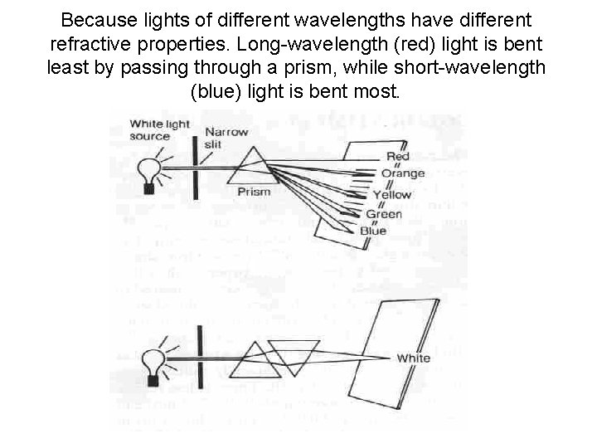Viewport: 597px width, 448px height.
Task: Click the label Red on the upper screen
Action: pos(397,157)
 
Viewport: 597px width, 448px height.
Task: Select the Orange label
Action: pos(403,173)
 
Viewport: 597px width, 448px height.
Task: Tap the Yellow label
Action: pos(391,195)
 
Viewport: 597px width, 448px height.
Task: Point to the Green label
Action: pos(384,214)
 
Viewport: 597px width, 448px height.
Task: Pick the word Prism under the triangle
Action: pos(254,192)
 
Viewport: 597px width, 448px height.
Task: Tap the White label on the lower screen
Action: pos(413,358)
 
